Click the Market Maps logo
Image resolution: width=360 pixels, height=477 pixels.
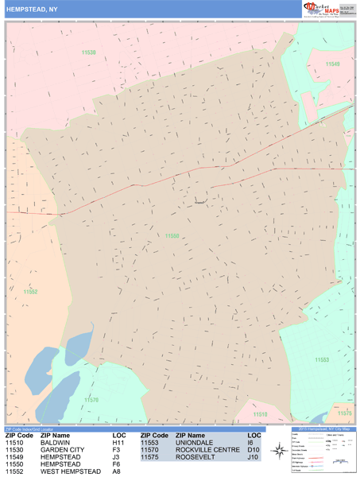tap(324, 9)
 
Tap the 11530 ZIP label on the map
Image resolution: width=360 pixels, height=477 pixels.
tap(88, 52)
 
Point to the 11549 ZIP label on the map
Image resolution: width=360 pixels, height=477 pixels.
tap(331, 64)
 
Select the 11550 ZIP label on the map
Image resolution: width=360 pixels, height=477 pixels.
tap(172, 235)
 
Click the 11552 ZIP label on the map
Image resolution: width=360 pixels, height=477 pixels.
tap(30, 292)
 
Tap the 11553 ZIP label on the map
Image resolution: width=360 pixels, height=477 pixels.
tap(322, 360)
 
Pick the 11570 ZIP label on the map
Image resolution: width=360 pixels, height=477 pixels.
tap(92, 400)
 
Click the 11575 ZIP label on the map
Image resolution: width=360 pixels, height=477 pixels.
tap(344, 413)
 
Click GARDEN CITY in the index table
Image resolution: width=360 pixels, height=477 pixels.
tap(62, 451)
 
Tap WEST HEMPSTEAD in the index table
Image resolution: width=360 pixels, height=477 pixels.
tap(71, 472)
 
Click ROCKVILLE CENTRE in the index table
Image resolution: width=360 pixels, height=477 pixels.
tap(207, 451)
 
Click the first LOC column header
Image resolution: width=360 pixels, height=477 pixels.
tap(119, 436)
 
